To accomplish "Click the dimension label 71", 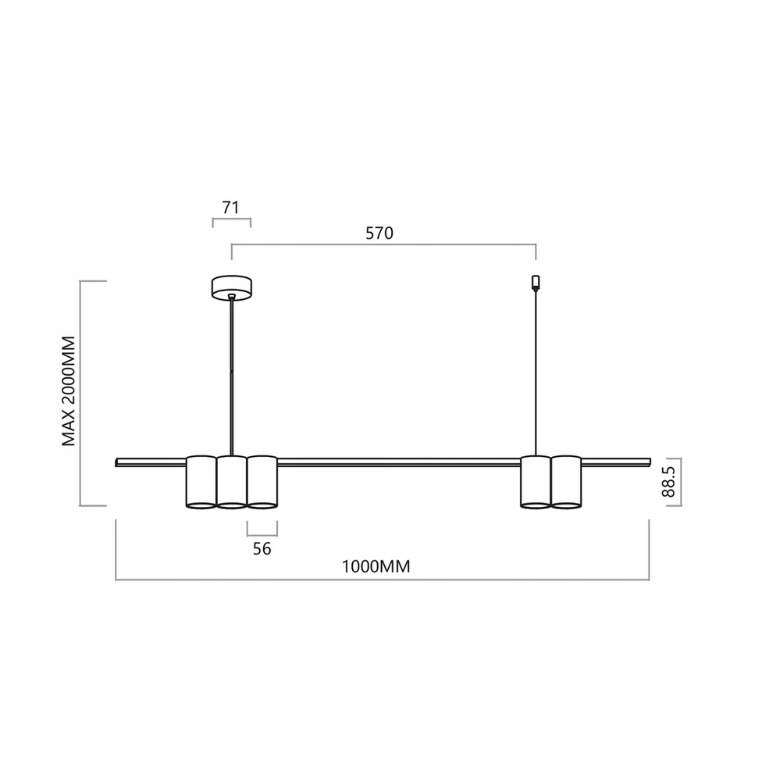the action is [x=230, y=207].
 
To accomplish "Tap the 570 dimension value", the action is [x=379, y=233].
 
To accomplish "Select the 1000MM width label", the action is [x=376, y=567].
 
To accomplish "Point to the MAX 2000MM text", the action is [x=68, y=391].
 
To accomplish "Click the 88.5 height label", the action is [x=668, y=481].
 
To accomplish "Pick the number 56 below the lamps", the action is [x=262, y=548].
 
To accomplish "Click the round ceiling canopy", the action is [x=231, y=288].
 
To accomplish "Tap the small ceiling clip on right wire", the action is [x=536, y=283].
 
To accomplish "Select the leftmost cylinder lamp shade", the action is [x=201, y=482].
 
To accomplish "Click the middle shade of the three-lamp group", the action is [x=232, y=482].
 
